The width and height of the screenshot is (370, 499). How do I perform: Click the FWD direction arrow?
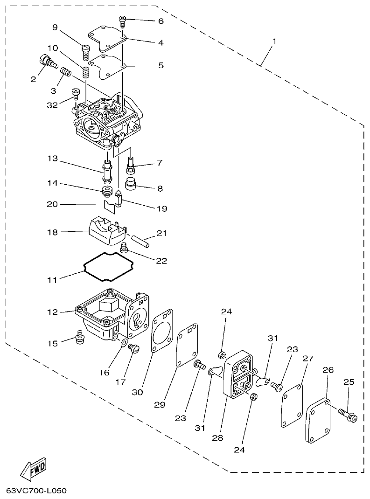click(34, 468)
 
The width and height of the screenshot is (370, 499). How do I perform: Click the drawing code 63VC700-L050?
click(36, 491)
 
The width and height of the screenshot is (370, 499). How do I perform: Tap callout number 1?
click(274, 42)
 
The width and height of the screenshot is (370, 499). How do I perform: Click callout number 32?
click(52, 105)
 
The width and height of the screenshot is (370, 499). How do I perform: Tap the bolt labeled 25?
click(347, 414)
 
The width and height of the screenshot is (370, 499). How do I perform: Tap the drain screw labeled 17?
click(133, 348)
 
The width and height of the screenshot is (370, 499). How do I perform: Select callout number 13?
click(52, 159)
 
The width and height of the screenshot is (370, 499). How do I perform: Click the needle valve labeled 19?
click(118, 200)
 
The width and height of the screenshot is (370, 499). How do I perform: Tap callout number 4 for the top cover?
click(161, 42)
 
